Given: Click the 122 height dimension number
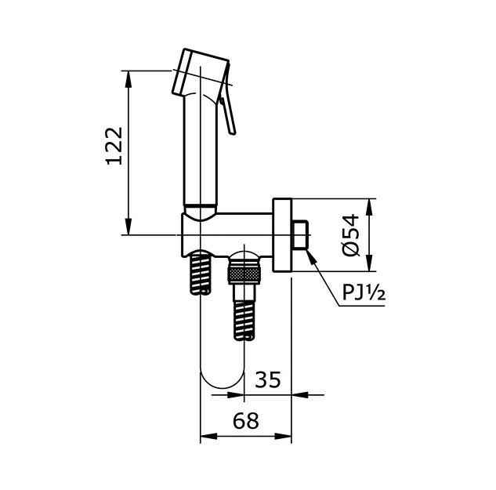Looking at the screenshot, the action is tap(114, 146).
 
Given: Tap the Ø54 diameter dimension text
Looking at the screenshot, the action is tap(351, 235).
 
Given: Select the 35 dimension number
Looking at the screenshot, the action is tap(268, 379).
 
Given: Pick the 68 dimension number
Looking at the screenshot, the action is tap(246, 421).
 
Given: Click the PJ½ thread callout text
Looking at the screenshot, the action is tap(364, 292).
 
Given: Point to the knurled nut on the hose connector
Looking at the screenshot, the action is tap(244, 274).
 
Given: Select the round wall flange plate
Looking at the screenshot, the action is tap(282, 235).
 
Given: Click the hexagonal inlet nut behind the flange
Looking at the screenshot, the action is tap(301, 235).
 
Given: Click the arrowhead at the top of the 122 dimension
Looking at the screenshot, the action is tap(128, 78).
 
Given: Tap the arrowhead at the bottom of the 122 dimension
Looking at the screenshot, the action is tap(128, 227).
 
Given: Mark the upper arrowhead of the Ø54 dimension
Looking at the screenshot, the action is tap(369, 207).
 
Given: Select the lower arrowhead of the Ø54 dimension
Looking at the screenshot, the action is tap(369, 263).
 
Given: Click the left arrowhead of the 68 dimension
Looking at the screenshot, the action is tap(208, 436).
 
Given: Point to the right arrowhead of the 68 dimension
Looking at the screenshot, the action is tap(283, 436).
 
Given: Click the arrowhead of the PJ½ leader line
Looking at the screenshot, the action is tap(312, 256).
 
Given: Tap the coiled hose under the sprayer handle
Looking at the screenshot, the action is tap(200, 271).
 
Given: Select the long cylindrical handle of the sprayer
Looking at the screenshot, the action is tap(201, 149).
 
